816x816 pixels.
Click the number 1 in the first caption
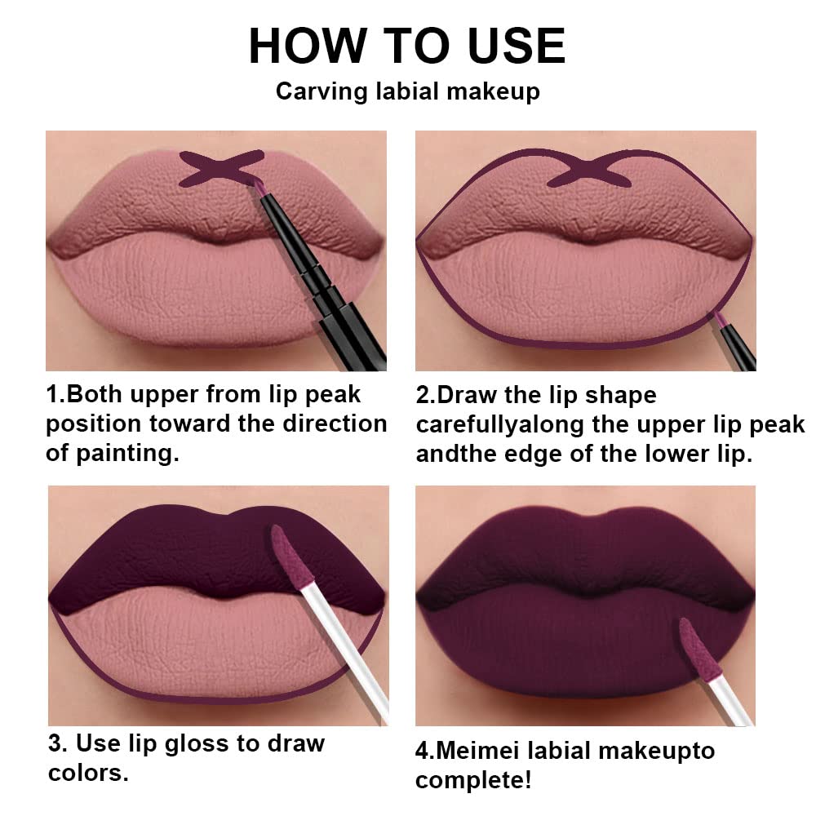51,395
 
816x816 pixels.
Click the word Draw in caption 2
469,395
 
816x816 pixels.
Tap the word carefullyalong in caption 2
508,425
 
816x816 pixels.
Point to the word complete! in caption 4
474,779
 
